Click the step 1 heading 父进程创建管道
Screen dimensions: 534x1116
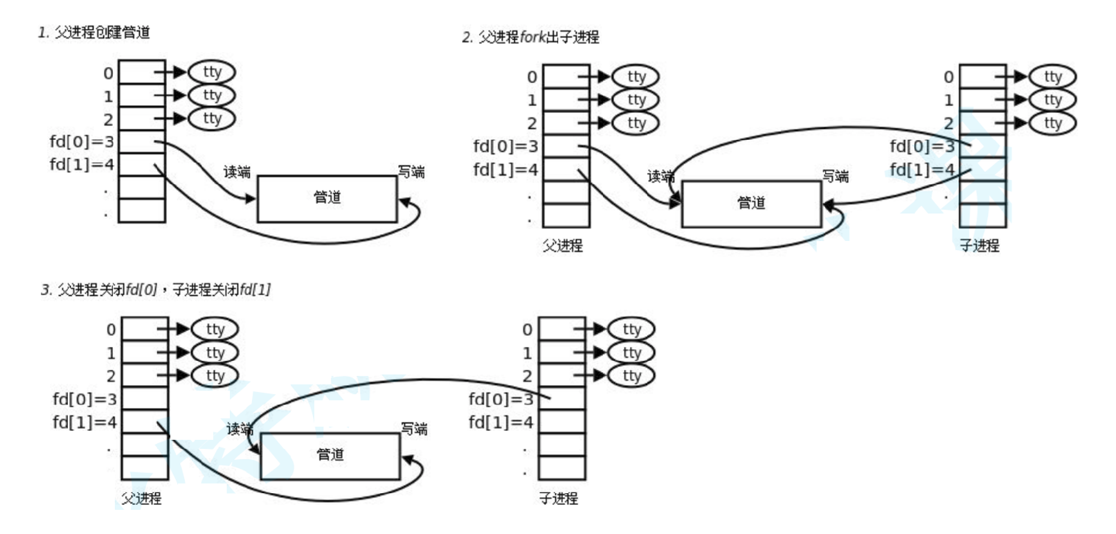coord(94,33)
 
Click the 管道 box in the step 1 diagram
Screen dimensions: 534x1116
coord(327,198)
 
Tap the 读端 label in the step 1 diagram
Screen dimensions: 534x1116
coord(237,171)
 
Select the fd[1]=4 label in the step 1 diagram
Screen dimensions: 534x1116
coord(82,165)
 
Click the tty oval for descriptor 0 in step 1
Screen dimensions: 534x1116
coord(212,72)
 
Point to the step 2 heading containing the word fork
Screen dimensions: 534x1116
coord(530,37)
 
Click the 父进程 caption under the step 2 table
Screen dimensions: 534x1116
coord(562,246)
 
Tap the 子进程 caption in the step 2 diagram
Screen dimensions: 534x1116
coord(979,246)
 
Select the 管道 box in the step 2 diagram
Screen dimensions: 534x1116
coord(751,204)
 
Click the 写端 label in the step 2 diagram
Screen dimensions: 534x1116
coord(835,176)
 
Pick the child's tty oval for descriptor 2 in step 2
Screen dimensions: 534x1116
coord(1052,123)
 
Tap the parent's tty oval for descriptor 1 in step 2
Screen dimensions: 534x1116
coord(636,100)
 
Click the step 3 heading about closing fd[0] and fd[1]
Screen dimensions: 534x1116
coord(156,290)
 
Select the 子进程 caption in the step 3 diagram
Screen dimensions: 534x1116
coord(558,498)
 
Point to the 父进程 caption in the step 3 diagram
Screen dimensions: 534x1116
coord(141,498)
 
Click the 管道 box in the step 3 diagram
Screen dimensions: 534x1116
coord(330,456)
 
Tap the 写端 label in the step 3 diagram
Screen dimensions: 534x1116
coord(414,429)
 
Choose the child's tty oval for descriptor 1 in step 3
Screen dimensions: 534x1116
coord(631,353)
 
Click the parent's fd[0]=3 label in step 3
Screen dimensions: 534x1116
coord(84,399)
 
